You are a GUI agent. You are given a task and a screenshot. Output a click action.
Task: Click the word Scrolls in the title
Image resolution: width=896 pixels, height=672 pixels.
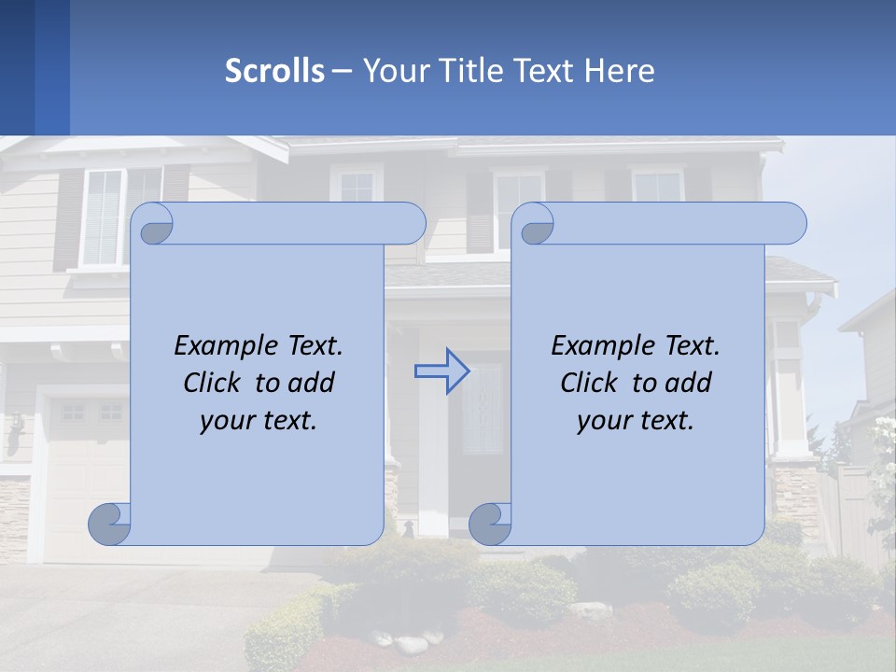click(x=274, y=71)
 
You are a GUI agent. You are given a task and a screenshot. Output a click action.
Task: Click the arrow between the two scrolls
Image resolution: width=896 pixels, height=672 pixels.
click(x=441, y=371)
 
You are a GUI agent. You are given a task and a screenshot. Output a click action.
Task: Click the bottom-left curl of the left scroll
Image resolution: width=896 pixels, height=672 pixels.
click(x=109, y=524)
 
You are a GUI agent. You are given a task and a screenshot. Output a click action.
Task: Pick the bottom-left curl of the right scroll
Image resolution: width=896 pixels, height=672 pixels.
click(x=490, y=524)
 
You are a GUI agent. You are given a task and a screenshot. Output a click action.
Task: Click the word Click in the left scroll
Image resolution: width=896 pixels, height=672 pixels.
click(x=214, y=383)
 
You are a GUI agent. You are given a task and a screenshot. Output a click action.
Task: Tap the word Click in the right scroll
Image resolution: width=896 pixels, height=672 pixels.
click(x=589, y=383)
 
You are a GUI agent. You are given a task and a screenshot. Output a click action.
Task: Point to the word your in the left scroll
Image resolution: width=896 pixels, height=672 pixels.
click(x=226, y=420)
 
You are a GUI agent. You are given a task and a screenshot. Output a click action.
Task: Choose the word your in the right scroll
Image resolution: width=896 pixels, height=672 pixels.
click(x=603, y=420)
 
